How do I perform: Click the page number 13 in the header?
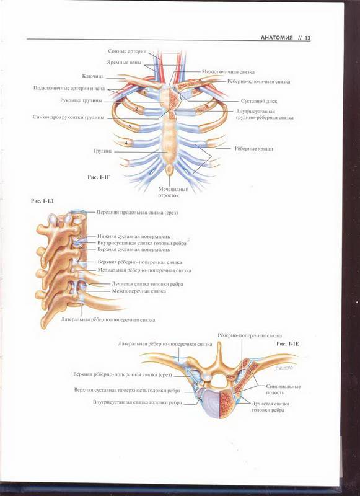click(x=307, y=38)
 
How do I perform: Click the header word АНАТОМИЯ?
click(x=277, y=38)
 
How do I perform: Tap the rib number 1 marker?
click(x=144, y=93)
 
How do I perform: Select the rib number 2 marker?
click(x=136, y=109)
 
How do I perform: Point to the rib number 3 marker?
click(x=130, y=127)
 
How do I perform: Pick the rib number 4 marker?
click(x=126, y=143)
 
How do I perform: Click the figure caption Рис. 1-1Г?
click(x=99, y=177)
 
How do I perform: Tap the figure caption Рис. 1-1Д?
click(x=42, y=201)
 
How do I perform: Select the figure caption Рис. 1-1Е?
click(x=288, y=344)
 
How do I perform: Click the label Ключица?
click(x=93, y=76)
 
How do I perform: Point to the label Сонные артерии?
click(x=127, y=51)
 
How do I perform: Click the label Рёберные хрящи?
click(x=254, y=149)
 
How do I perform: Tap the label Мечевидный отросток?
click(x=173, y=192)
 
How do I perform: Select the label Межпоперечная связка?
click(x=139, y=291)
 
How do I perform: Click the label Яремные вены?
click(x=124, y=63)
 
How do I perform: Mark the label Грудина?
click(x=103, y=151)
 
